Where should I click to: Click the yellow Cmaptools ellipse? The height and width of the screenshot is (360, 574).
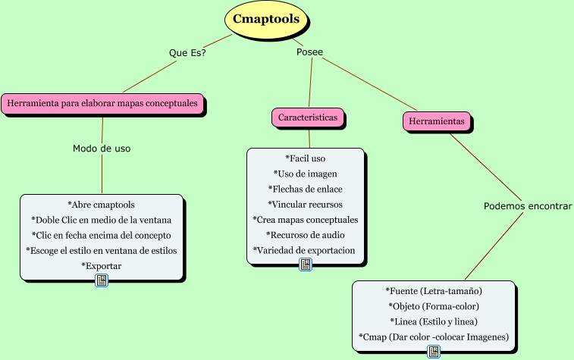tap(265, 20)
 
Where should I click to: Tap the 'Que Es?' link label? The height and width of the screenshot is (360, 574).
tap(187, 53)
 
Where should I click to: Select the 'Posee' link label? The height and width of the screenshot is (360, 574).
tap(309, 52)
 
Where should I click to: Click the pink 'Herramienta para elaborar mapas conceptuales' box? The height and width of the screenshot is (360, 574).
tap(102, 102)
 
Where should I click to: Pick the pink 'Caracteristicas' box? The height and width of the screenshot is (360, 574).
tap(308, 117)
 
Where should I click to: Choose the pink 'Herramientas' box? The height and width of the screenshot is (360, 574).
tap(436, 121)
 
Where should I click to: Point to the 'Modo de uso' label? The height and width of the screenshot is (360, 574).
tap(102, 149)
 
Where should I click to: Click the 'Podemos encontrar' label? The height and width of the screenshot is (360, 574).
tap(528, 206)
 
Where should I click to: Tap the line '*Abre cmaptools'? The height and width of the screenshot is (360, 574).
tap(101, 205)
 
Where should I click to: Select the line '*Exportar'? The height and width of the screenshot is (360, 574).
tap(101, 265)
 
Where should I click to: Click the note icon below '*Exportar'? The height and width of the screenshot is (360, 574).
tap(102, 280)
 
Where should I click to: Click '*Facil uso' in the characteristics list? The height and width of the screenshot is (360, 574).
tap(305, 158)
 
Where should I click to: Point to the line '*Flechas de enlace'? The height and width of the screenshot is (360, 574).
tap(305, 189)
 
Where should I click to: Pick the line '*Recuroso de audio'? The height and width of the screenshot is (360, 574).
tap(305, 235)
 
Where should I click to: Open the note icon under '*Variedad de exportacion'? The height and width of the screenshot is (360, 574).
tap(306, 265)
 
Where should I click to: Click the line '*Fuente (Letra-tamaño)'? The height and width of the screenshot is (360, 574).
tap(434, 290)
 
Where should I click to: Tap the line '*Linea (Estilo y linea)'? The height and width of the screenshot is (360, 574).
tap(434, 321)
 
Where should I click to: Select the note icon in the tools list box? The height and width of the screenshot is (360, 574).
tap(434, 351)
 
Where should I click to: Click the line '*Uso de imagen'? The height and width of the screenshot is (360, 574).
tap(305, 174)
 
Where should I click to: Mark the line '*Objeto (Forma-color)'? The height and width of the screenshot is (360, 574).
tap(434, 306)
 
